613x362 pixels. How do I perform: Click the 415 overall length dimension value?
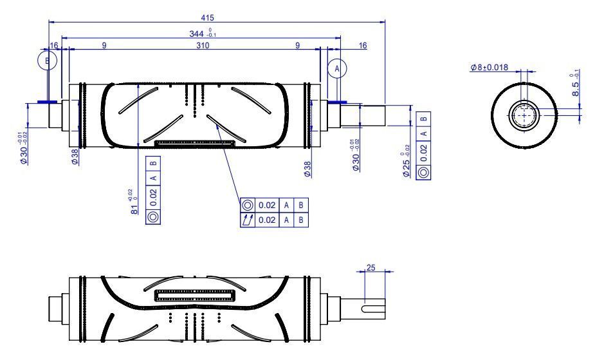(207, 17)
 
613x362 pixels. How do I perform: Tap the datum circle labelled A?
(337, 68)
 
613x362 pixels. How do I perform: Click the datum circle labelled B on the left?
(47, 60)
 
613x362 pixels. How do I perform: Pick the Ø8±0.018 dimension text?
(489, 67)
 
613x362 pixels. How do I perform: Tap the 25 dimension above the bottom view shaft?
(371, 267)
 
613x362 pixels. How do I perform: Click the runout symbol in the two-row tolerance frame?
(248, 220)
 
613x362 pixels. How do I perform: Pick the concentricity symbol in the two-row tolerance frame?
(248, 205)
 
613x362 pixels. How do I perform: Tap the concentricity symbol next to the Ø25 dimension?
(423, 172)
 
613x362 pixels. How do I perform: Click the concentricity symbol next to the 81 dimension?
(153, 216)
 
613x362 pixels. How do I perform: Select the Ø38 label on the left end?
(75, 157)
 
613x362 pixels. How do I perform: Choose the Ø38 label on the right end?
(307, 169)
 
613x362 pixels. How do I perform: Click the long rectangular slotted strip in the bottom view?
(196, 297)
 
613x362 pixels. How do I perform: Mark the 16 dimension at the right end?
(363, 46)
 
